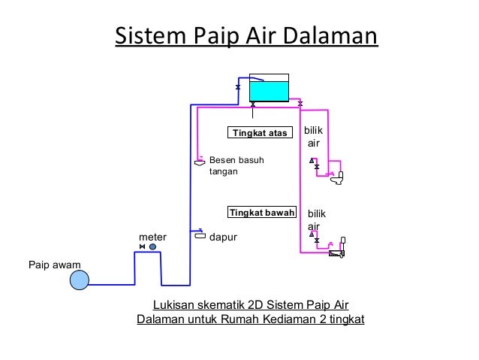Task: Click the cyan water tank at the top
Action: [269, 90]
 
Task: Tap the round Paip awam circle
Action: [79, 280]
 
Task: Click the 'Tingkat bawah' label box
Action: [262, 212]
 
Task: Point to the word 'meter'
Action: [153, 237]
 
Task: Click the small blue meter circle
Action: [153, 247]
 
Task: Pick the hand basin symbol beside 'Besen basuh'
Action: [200, 162]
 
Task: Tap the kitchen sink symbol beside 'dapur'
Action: [200, 235]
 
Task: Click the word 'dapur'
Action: [223, 237]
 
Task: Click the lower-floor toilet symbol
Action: [337, 254]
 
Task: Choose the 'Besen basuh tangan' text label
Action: [236, 165]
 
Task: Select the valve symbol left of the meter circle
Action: [143, 247]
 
